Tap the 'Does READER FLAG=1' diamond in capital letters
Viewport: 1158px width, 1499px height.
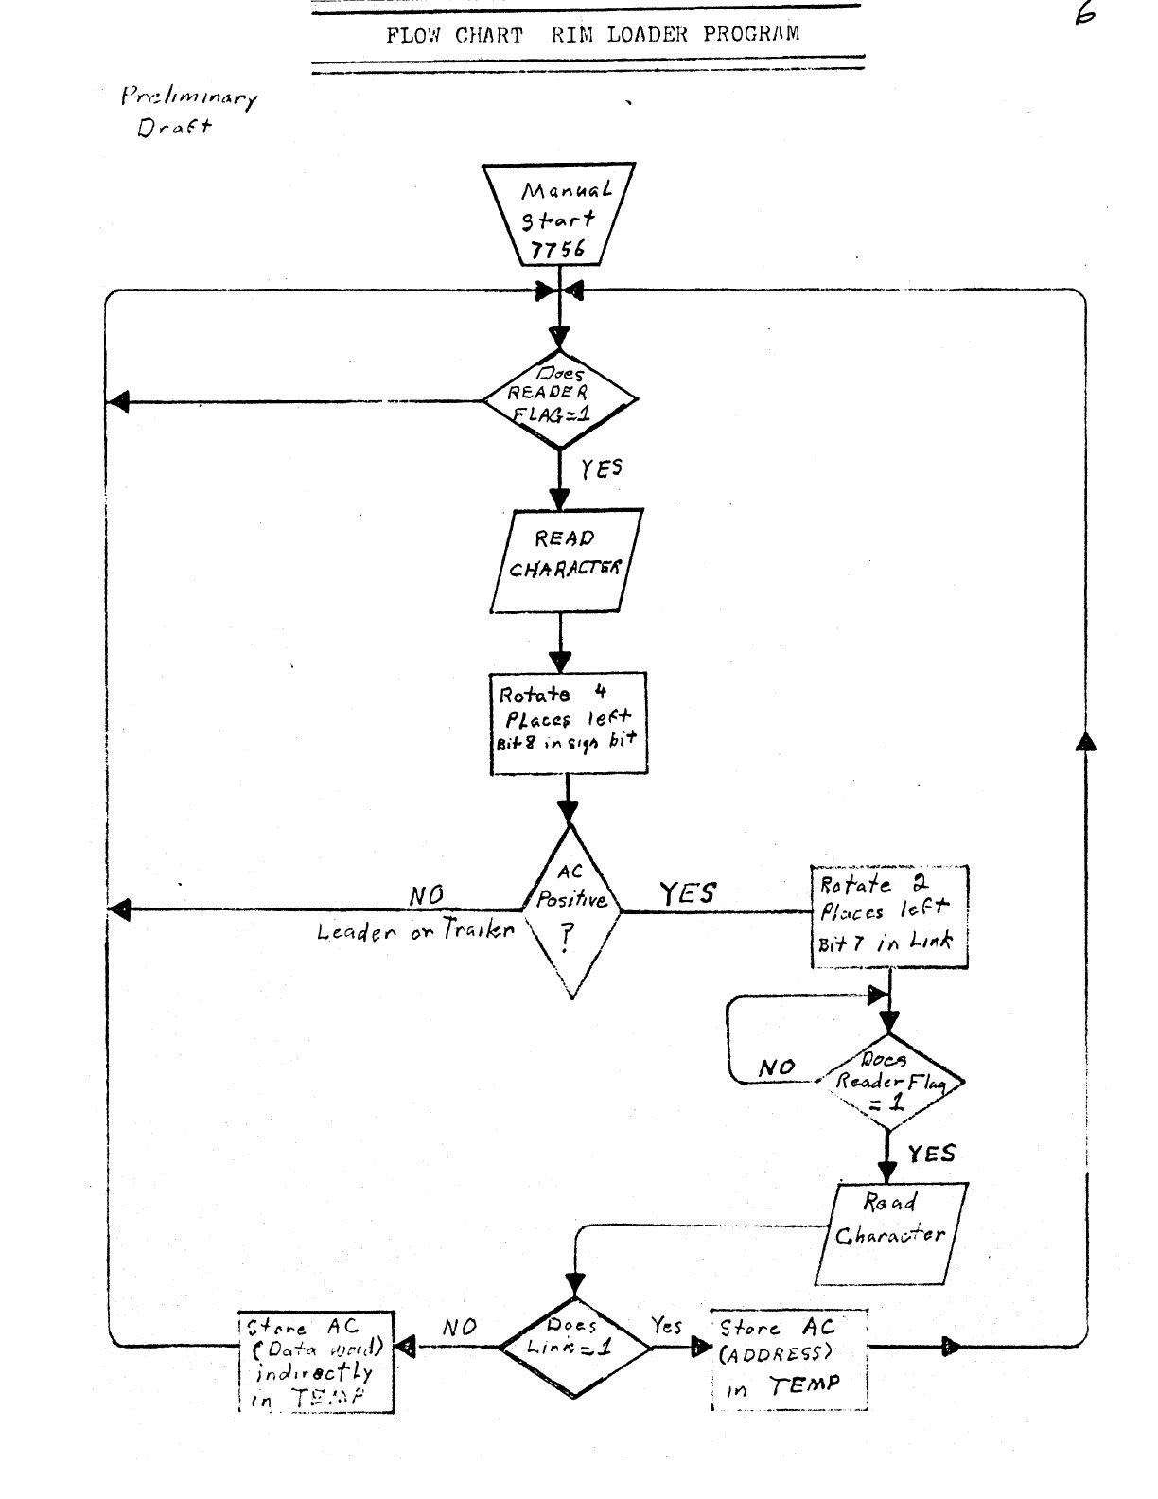(x=560, y=399)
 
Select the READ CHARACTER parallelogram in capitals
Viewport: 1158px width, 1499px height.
(x=566, y=560)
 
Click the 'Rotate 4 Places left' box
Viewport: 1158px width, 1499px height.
(x=569, y=723)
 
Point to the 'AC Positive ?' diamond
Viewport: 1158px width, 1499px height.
(x=570, y=911)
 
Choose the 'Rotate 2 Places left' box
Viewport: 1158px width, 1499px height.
(x=889, y=915)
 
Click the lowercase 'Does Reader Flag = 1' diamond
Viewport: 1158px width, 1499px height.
(x=888, y=1082)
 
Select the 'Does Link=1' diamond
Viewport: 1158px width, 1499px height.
(x=574, y=1345)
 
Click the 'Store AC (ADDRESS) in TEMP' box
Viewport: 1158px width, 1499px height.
(x=789, y=1359)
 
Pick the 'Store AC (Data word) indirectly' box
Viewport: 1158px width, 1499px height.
(x=316, y=1362)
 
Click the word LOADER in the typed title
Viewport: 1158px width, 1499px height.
(x=647, y=35)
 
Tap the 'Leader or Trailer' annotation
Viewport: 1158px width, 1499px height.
(x=415, y=931)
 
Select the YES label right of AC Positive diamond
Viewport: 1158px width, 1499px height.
(x=688, y=892)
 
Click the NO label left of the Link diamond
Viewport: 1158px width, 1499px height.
(x=459, y=1327)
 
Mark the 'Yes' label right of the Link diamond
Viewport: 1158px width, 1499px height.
(x=667, y=1326)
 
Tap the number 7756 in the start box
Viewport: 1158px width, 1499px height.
(x=558, y=249)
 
